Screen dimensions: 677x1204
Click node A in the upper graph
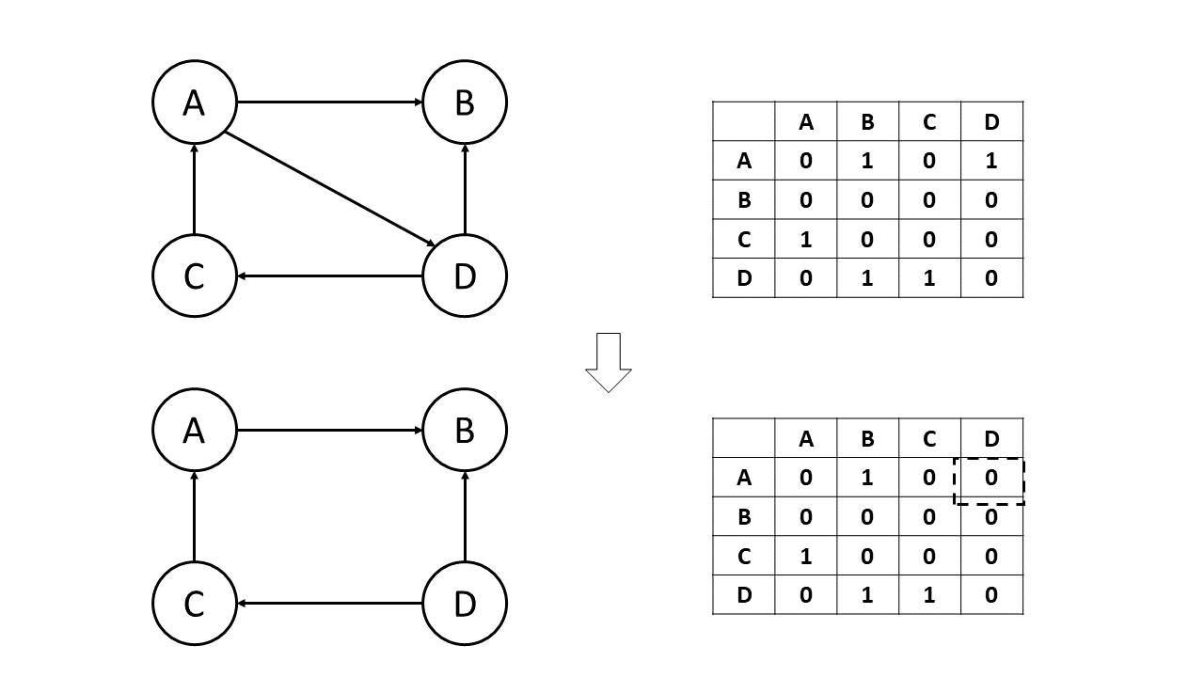(194, 102)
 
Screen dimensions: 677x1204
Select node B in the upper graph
(465, 102)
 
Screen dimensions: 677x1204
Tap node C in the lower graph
(194, 604)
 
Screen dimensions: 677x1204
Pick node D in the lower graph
(465, 604)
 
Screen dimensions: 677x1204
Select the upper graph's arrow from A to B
(329, 102)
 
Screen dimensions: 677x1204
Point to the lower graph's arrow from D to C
(329, 604)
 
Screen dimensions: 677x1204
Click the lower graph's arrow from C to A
(194, 517)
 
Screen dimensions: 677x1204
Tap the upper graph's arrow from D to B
(465, 188)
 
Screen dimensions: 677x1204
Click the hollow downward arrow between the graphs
(609, 362)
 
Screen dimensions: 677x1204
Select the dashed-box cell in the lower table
(990, 478)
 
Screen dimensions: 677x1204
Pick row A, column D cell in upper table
(991, 161)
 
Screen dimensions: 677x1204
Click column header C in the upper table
(929, 121)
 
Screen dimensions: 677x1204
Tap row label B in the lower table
(744, 517)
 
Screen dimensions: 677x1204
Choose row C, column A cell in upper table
(805, 239)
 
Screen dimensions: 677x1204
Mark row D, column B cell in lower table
(867, 595)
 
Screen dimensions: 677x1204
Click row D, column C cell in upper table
(929, 278)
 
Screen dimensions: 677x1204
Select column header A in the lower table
(805, 438)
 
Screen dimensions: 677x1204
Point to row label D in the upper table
(744, 278)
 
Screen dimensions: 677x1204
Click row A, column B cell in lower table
(867, 478)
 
